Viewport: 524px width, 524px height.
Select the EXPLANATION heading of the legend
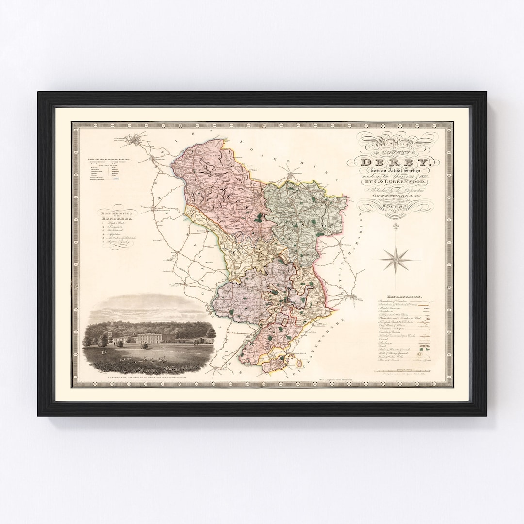[x=404, y=295]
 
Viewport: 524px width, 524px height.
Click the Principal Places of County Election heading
[x=110, y=159]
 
